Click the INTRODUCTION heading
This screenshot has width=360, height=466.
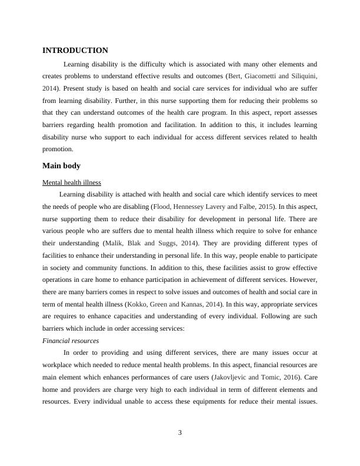75,51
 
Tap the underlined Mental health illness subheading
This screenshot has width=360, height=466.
72,182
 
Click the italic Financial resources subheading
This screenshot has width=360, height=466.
71,341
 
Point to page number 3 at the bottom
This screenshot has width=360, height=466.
180,433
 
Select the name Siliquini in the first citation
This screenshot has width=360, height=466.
301,76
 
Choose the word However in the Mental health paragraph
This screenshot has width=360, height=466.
303,279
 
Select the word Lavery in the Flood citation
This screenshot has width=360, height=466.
224,207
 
